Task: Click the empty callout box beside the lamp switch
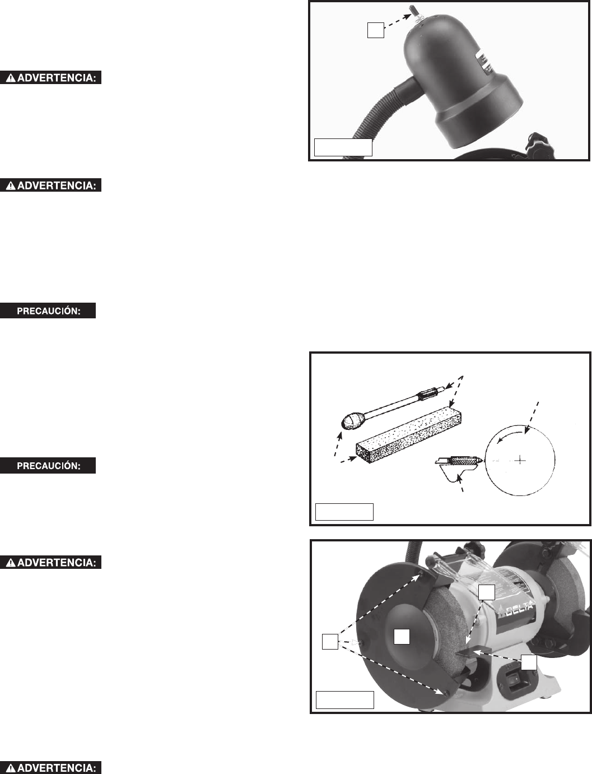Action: pos(376,30)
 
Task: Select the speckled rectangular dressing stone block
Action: pos(408,434)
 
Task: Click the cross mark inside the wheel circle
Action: pos(520,460)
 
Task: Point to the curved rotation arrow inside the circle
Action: pos(510,435)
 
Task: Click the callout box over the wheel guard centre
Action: pos(402,637)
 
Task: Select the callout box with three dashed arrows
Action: pos(330,641)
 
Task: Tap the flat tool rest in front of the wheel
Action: pos(471,652)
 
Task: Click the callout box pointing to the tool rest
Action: pos(529,662)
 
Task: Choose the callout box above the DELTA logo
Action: pos(487,592)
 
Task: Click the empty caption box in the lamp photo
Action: pos(343,147)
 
